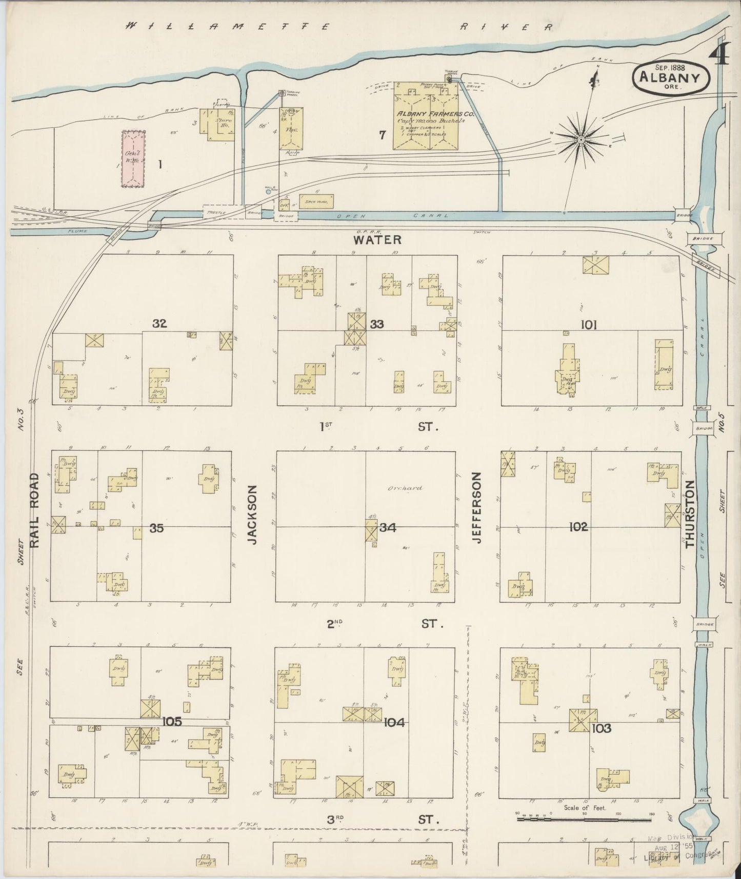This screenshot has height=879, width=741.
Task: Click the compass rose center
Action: coord(580,139)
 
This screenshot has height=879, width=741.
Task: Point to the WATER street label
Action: coord(377,239)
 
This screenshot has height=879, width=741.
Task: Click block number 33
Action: coord(377,324)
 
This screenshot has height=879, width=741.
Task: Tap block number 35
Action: coord(156,528)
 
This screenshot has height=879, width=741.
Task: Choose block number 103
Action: coord(601,728)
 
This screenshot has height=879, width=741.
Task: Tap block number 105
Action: coord(172,722)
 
